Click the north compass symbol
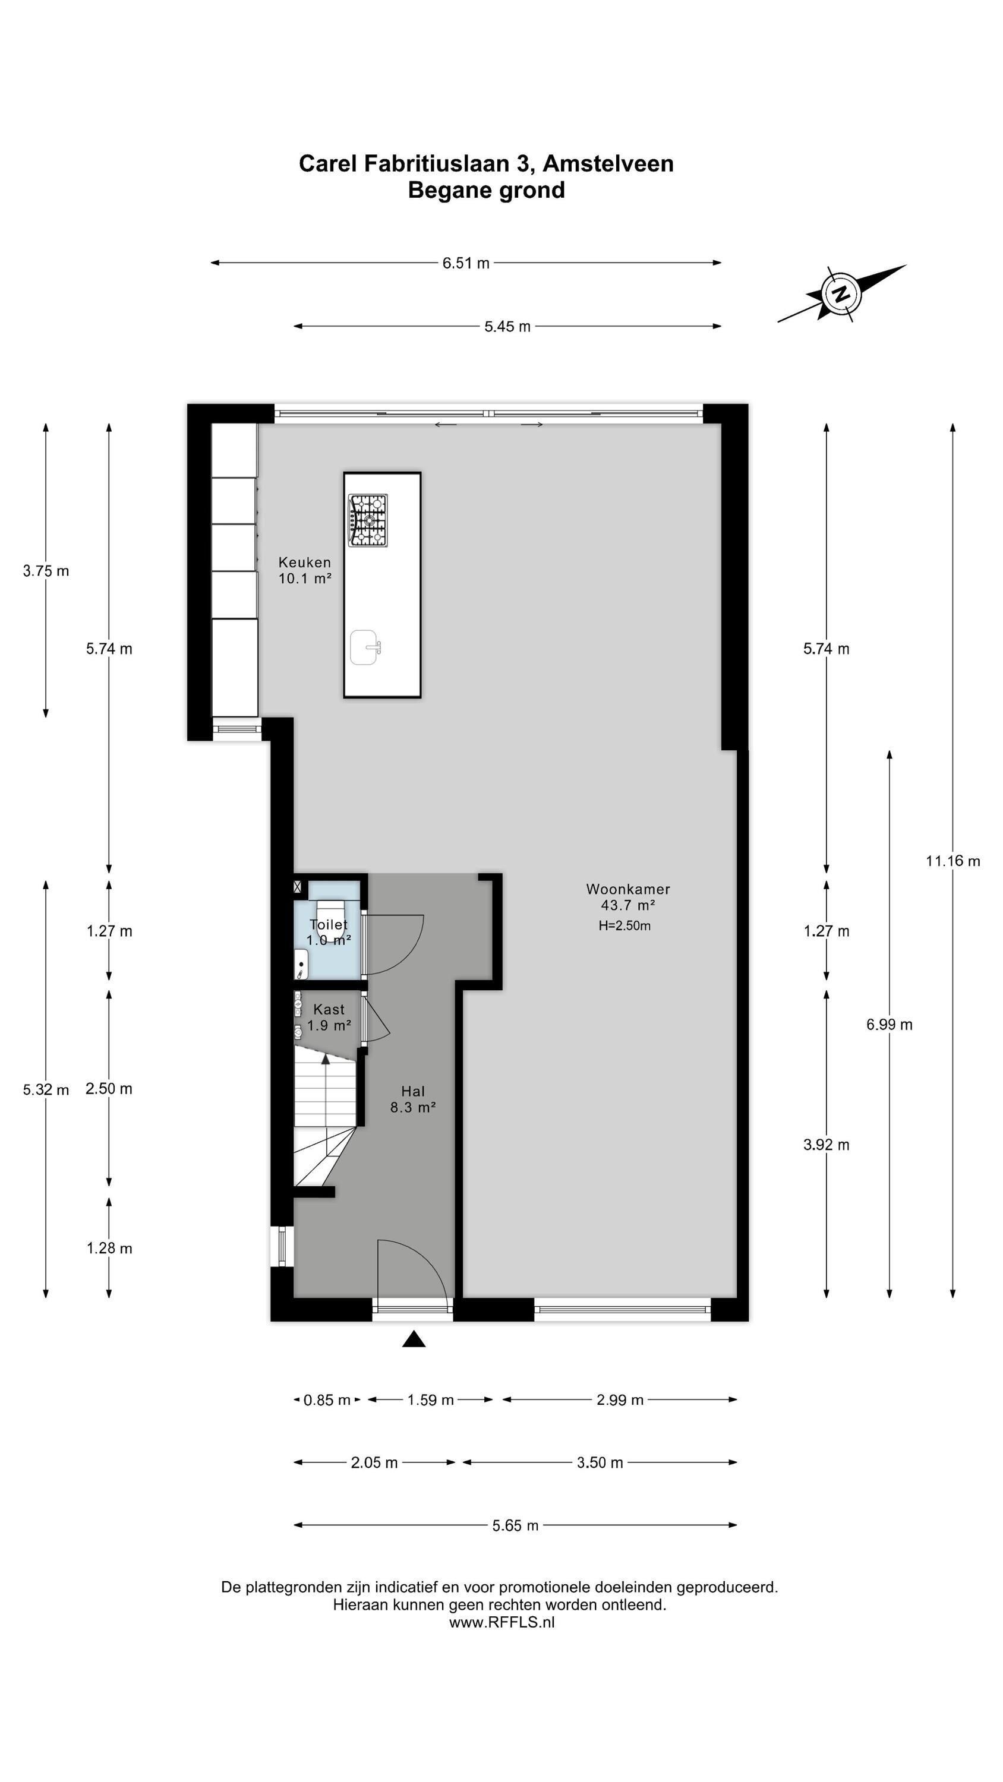click(841, 294)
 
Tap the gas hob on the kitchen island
click(368, 520)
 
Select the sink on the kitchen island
click(365, 647)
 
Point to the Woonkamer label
click(628, 889)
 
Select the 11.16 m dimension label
click(952, 861)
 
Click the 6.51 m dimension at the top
click(466, 263)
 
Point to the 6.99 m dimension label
click(890, 1025)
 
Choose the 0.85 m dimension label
click(327, 1400)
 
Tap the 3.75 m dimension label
click(46, 571)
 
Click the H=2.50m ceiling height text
click(624, 925)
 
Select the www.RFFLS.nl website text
click(502, 1622)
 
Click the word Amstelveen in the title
click(608, 163)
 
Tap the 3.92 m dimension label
click(826, 1144)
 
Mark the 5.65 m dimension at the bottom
click(515, 1525)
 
